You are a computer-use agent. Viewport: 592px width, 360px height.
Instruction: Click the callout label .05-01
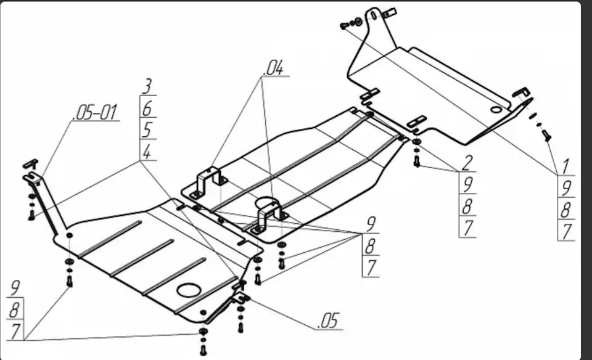(x=96, y=112)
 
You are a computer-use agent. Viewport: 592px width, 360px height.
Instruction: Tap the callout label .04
(x=274, y=68)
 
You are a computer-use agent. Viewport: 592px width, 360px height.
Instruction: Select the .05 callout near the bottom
(x=329, y=321)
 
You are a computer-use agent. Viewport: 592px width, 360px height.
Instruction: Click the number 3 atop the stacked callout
(x=147, y=86)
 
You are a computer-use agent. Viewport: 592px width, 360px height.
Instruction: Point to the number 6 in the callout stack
(x=147, y=108)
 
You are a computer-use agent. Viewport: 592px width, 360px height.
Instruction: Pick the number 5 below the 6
(x=147, y=130)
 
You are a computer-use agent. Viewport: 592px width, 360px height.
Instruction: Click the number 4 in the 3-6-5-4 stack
(x=147, y=152)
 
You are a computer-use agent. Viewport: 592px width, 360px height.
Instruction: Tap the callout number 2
(x=467, y=163)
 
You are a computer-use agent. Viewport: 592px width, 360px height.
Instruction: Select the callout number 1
(x=565, y=166)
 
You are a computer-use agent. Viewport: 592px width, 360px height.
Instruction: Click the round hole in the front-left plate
(x=189, y=290)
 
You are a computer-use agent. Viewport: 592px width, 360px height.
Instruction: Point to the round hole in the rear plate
(x=496, y=110)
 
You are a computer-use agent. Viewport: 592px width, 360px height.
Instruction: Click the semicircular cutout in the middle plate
(x=266, y=202)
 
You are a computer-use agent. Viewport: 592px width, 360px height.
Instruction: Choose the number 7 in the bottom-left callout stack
(x=15, y=331)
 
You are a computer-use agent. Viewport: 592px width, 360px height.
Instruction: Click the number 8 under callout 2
(x=467, y=207)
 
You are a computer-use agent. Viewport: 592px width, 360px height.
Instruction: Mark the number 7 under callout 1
(x=565, y=232)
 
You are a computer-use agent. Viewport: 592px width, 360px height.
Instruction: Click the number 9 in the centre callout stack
(x=371, y=224)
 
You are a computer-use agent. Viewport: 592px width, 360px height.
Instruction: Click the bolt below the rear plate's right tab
(x=547, y=136)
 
